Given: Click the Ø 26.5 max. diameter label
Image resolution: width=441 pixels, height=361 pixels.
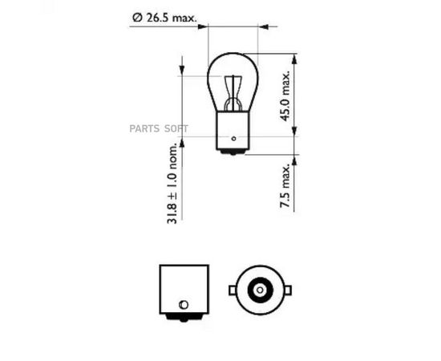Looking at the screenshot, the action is (x=164, y=18).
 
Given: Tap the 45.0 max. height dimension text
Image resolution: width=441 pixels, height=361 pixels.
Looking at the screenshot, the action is (x=285, y=96).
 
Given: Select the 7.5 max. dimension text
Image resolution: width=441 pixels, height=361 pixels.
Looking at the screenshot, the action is (x=285, y=185).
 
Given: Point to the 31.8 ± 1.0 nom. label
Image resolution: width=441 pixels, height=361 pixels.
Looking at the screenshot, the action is (x=172, y=184).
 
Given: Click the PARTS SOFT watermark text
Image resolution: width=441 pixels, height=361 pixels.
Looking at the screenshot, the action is (x=159, y=128).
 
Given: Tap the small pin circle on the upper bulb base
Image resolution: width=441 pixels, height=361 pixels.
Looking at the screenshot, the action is (x=233, y=139).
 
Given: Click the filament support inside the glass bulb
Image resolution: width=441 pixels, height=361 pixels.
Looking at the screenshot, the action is (x=233, y=93).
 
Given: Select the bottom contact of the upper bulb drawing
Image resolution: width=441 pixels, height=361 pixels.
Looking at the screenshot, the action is (x=233, y=152).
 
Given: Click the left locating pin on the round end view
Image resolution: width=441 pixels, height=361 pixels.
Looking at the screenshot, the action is (x=233, y=290).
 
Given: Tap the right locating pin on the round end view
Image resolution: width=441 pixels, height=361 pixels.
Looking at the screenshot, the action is (x=287, y=290).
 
